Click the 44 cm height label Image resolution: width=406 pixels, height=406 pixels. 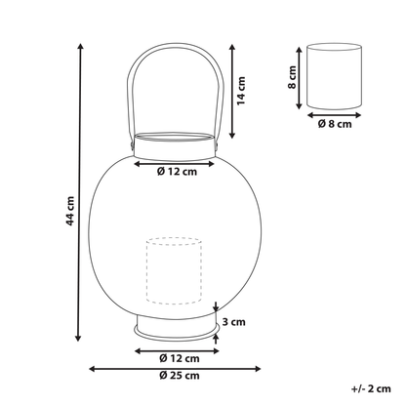[70, 211]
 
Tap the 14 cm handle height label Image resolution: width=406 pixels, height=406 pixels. [241, 91]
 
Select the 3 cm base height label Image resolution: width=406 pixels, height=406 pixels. [234, 322]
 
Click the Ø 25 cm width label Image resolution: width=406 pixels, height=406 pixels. [180, 376]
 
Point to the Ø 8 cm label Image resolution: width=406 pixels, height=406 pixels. [335, 124]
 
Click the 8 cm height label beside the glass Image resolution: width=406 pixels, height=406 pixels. [292, 77]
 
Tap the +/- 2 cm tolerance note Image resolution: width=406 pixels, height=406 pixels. [371, 388]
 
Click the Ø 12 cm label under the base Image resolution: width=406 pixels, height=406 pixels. [180, 358]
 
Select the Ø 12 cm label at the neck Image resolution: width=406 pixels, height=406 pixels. [177, 172]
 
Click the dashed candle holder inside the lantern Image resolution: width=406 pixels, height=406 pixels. [174, 271]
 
